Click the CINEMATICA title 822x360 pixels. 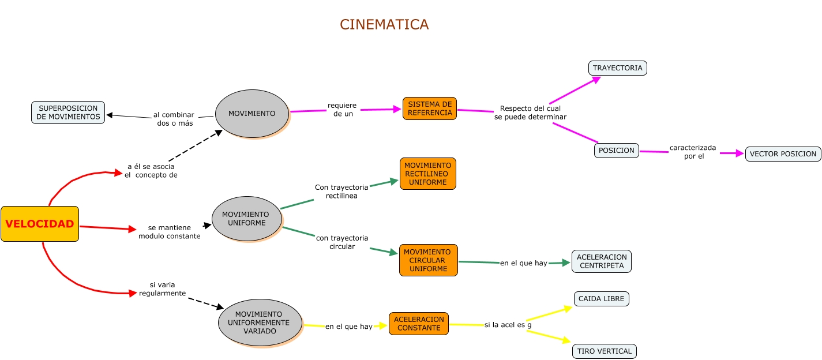pos(384,24)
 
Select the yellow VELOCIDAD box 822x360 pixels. pos(40,224)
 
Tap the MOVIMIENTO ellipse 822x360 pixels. pos(252,114)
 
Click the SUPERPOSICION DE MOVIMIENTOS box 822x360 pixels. pos(68,112)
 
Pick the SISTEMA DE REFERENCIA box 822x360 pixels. pos(430,108)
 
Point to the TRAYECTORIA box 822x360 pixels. pos(617,68)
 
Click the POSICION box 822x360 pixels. pos(617,151)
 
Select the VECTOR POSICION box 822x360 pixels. pos(783,154)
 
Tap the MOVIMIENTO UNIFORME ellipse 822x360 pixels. pos(247,219)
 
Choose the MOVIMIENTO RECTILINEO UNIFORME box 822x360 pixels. pos(427,174)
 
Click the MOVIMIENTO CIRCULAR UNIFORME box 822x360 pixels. pos(428,260)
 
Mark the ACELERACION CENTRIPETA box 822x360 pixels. pos(602,261)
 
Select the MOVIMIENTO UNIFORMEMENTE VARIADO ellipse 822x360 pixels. pos(260,322)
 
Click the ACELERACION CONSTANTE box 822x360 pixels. pos(419,324)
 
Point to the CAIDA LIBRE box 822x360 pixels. pos(602,299)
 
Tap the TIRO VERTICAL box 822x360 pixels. pos(605,351)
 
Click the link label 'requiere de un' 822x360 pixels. pos(343,110)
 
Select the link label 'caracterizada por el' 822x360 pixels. pos(693,152)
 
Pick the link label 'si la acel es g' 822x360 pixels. pos(508,325)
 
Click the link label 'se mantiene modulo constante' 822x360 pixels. pos(170,232)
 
